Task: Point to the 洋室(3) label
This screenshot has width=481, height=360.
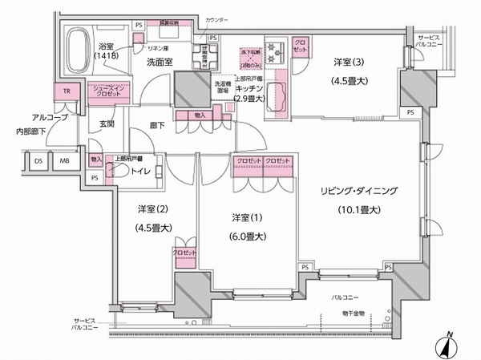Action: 350,62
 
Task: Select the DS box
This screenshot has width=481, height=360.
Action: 38,160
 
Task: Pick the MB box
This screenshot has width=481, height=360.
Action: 65,160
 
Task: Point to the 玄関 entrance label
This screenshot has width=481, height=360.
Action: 107,123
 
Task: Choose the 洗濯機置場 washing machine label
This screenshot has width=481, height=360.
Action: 223,86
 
